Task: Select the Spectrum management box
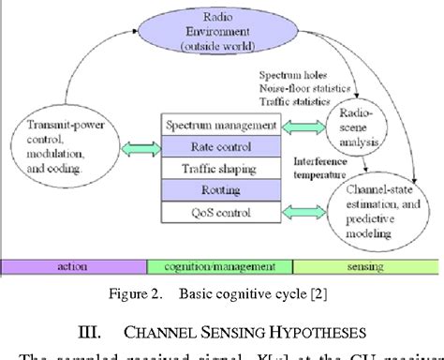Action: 220,126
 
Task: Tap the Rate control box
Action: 220,147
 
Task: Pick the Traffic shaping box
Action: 220,170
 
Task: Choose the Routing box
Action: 220,191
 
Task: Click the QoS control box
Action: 220,213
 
